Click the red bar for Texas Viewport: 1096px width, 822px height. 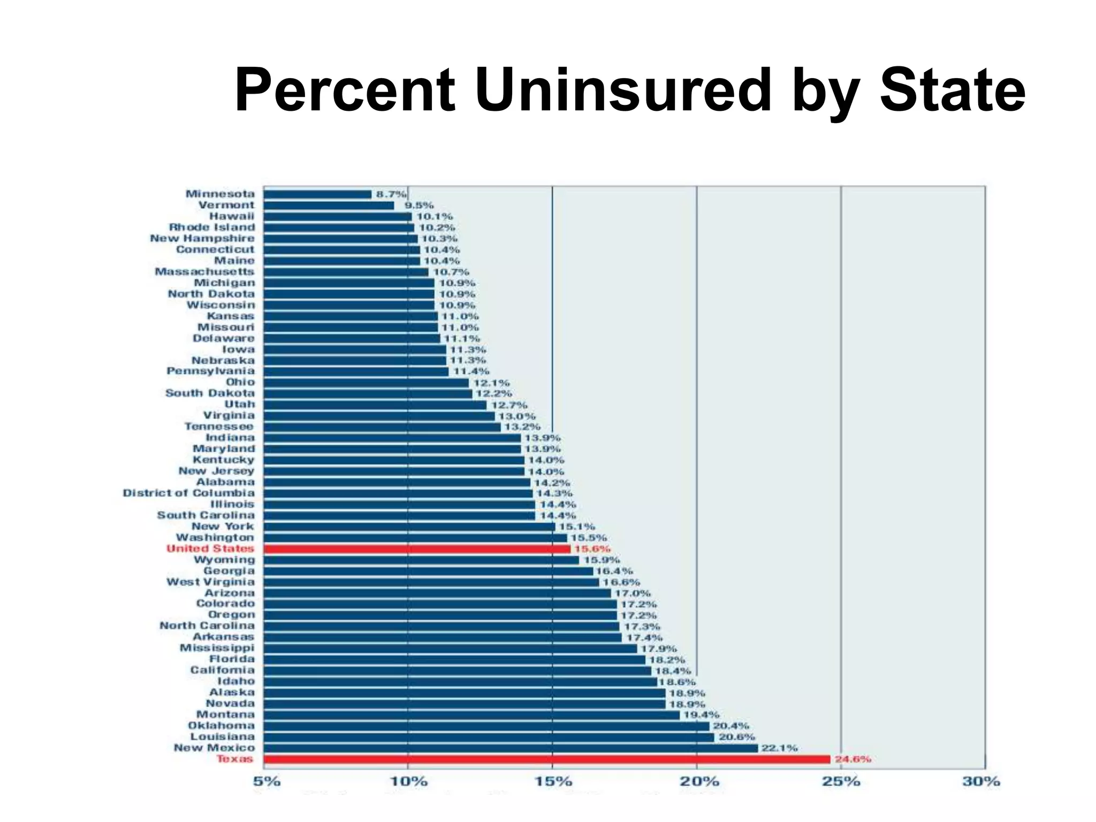click(x=546, y=759)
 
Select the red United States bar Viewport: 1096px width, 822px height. click(x=417, y=549)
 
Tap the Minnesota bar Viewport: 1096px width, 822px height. click(x=317, y=194)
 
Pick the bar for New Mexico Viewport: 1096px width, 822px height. click(x=511, y=748)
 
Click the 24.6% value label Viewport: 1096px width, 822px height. click(x=853, y=759)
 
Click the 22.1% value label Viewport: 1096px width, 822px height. click(x=779, y=748)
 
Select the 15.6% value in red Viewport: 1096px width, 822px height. click(x=592, y=549)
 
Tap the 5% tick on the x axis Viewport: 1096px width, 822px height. click(x=267, y=781)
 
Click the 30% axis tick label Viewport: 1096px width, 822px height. click(x=981, y=781)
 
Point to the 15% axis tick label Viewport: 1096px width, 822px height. click(x=553, y=781)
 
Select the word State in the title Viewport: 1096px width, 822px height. click(x=953, y=90)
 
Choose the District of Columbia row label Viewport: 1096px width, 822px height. click(x=189, y=493)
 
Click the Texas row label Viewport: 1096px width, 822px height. click(x=235, y=759)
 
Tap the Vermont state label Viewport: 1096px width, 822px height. click(x=226, y=205)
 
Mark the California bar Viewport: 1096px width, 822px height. click(x=458, y=671)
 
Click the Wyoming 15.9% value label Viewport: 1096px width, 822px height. click(x=602, y=560)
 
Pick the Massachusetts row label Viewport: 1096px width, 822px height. click(x=204, y=272)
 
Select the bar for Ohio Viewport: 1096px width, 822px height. click(x=366, y=383)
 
